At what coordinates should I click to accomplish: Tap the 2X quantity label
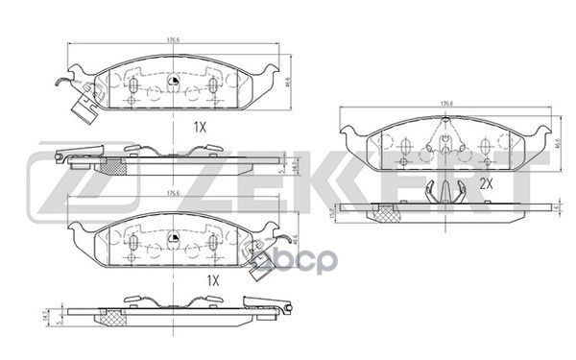[486, 182]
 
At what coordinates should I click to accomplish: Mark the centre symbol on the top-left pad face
[173, 80]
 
